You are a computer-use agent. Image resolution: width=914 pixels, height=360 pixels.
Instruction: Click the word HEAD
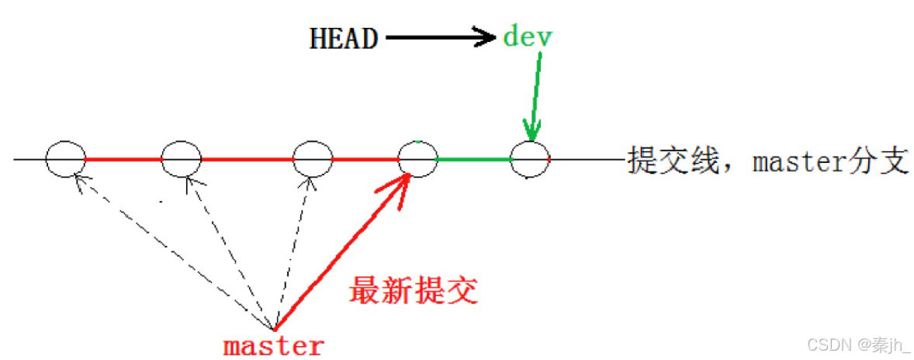344,38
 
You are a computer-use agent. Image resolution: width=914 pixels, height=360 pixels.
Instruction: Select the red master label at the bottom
273,344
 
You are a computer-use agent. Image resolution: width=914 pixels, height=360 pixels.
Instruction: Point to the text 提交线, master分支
767,161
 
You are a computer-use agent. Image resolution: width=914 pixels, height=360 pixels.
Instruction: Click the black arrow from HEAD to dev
440,37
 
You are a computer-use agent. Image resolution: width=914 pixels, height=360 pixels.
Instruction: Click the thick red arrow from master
341,251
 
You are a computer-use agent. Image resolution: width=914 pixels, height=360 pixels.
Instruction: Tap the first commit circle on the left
65,159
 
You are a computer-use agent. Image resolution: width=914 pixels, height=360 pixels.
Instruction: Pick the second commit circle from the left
181,159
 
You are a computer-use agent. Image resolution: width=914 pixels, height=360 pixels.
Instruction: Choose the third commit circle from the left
313,159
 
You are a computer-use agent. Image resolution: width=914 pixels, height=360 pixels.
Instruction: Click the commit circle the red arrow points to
417,159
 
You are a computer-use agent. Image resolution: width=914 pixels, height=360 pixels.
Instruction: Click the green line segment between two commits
474,159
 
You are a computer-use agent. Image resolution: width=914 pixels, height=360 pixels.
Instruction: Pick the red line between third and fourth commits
365,160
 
